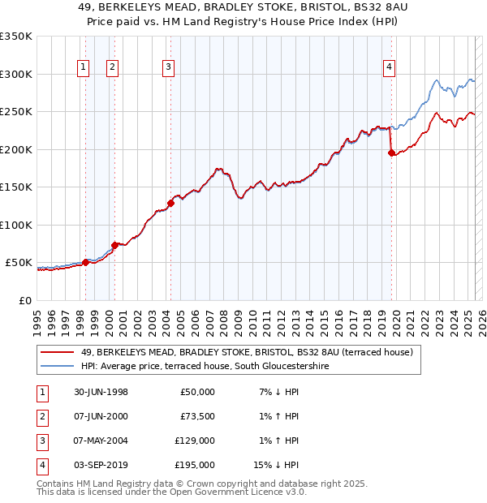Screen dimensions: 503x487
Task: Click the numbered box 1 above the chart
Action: [x=84, y=67]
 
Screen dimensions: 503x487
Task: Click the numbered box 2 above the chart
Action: [x=112, y=67]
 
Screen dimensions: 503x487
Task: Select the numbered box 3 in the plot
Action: [x=168, y=67]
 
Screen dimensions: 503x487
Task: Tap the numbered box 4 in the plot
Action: [x=390, y=67]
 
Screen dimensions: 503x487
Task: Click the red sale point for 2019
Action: [x=391, y=153]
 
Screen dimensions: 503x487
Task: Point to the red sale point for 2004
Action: [x=170, y=203]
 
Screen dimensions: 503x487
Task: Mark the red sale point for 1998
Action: [x=86, y=262]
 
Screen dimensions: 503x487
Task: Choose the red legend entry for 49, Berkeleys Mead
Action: [x=247, y=352]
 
